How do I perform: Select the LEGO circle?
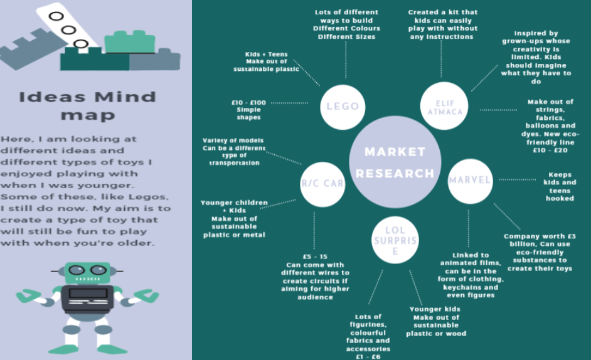[343, 106]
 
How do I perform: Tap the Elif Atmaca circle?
[441, 107]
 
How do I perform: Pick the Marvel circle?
[470, 180]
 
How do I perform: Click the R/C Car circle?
[322, 184]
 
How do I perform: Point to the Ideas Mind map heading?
[87, 105]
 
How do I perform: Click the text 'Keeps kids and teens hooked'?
[560, 186]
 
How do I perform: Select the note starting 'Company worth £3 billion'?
[540, 252]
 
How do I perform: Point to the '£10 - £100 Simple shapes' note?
[248, 109]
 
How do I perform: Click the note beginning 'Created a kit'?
[442, 24]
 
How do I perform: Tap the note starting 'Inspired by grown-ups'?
[536, 57]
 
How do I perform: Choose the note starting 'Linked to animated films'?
[471, 275]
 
